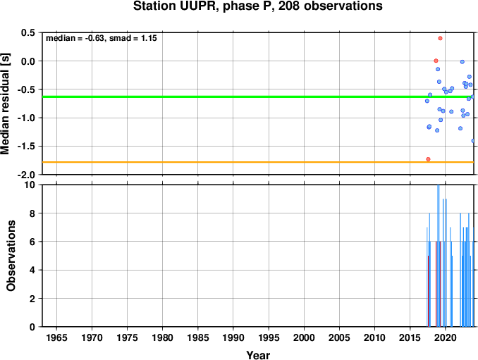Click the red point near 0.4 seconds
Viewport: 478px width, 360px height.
440,38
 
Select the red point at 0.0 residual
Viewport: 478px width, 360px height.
436,61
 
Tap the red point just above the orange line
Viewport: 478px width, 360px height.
429,159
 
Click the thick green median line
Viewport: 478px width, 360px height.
258,97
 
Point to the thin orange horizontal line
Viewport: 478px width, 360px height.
258,162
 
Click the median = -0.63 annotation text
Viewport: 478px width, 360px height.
75,38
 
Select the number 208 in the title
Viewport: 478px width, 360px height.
289,6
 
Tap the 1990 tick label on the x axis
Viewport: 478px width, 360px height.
233,337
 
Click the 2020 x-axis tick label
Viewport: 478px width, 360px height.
446,337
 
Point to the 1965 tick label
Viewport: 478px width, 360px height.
56,337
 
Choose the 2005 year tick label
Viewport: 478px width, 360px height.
339,337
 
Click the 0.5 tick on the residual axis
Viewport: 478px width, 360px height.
28,32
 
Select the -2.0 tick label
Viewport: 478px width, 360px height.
27,175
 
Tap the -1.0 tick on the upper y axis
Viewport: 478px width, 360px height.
27,118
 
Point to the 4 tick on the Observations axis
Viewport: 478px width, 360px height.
32,270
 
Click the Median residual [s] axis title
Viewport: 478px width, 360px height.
6,104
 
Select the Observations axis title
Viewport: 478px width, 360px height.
11,256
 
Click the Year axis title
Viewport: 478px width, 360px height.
258,355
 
